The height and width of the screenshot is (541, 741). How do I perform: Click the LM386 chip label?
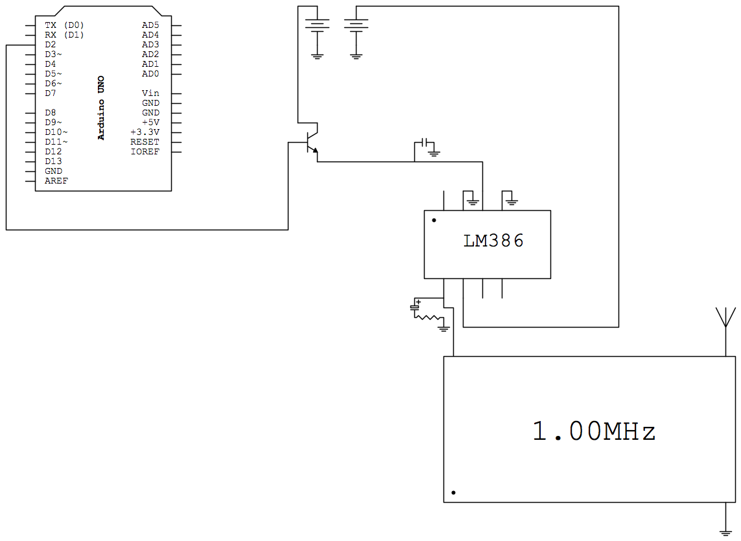tap(493, 241)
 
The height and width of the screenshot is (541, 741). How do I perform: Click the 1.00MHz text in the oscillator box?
tap(594, 431)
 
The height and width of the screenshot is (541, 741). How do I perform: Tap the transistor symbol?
tap(311, 143)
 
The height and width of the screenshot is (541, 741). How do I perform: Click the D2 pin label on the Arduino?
tap(51, 45)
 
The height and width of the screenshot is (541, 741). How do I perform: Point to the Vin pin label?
tap(150, 93)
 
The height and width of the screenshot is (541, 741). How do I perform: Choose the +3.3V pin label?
tap(145, 132)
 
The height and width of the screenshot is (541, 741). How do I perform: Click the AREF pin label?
tap(56, 181)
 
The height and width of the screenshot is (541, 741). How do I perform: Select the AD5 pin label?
tap(150, 25)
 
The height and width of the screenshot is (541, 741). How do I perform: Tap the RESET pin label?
tap(145, 142)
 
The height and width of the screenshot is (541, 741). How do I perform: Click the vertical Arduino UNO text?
tap(101, 108)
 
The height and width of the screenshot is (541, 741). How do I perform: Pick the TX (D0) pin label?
tap(64, 25)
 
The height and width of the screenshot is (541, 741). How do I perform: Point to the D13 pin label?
tap(53, 162)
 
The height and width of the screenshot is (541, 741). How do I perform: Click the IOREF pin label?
tap(145, 152)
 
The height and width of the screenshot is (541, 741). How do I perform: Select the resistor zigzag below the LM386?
tap(428, 317)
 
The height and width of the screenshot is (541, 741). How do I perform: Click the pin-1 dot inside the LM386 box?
tap(434, 221)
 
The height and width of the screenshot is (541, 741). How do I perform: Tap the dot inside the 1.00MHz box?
tap(453, 493)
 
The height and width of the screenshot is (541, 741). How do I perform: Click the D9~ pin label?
tap(53, 123)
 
